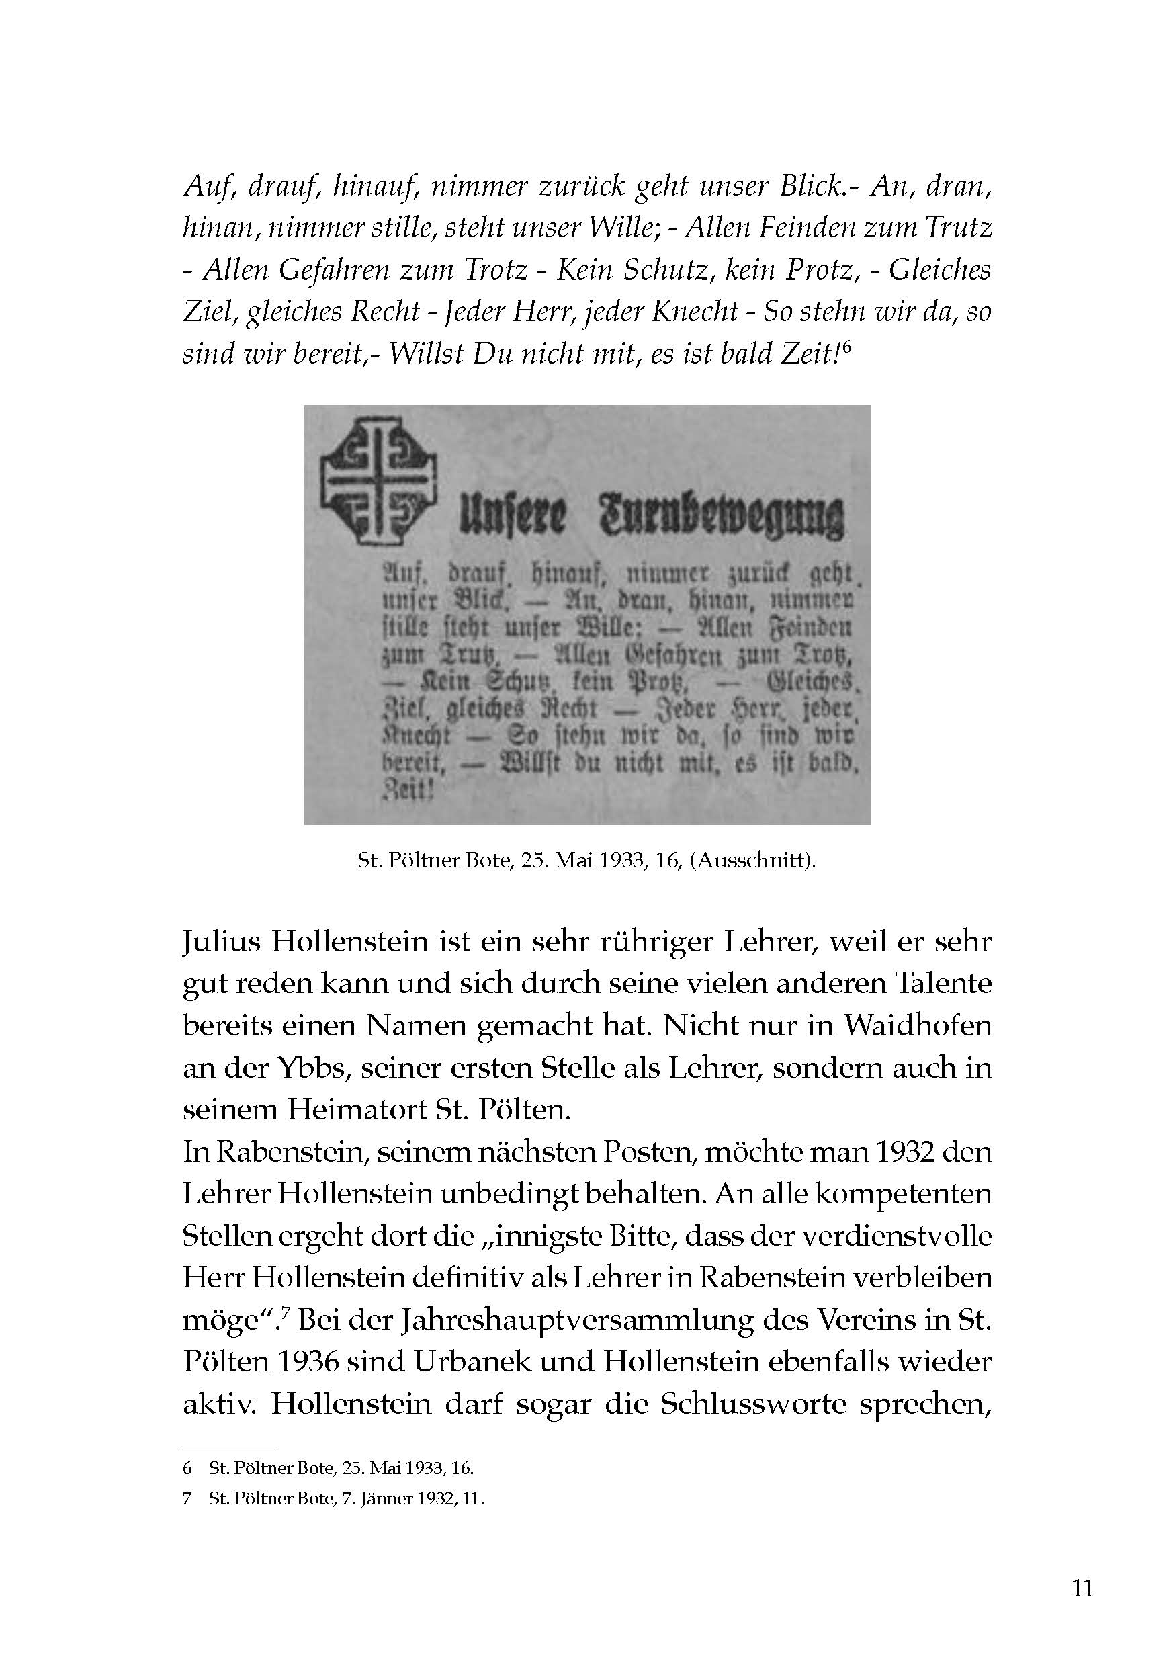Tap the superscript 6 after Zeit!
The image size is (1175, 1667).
846,348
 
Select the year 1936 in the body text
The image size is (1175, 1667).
298,1361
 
